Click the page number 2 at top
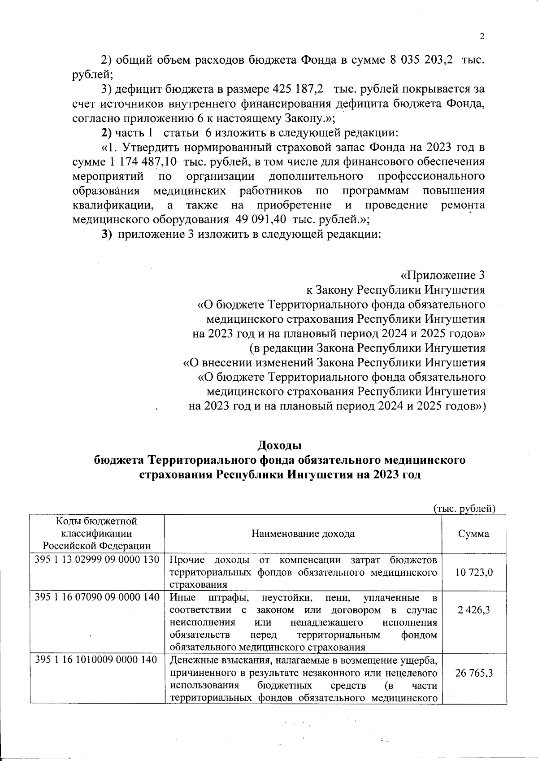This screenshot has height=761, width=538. click(x=482, y=37)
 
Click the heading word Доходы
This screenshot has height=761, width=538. click(x=279, y=446)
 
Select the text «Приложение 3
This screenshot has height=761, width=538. click(x=442, y=275)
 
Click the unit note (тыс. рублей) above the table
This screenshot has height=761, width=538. click(x=464, y=509)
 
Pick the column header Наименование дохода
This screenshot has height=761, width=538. click(x=303, y=534)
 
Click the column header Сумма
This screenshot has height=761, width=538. click(x=474, y=534)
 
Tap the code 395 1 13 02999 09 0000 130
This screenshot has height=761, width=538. click(x=97, y=560)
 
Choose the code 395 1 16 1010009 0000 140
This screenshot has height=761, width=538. click(x=96, y=660)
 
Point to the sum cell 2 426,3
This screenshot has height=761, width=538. click(x=474, y=610)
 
